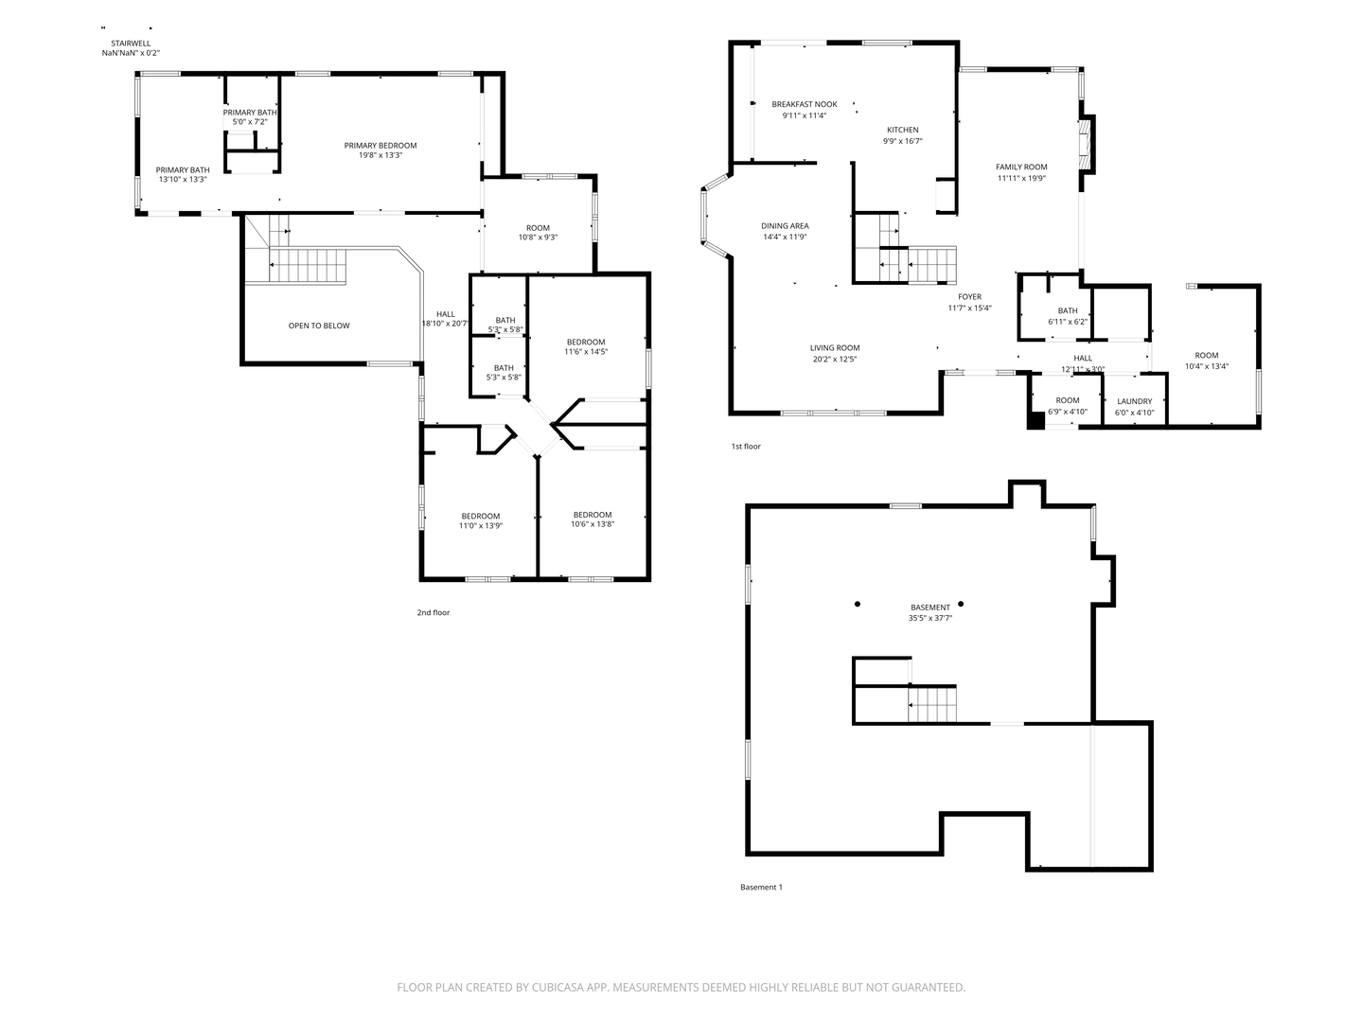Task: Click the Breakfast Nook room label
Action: point(805,104)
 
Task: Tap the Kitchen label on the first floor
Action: point(902,130)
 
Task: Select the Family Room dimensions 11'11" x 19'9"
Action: point(1021,178)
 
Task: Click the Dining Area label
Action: point(785,226)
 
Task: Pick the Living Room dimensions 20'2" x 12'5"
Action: point(835,360)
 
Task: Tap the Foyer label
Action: point(969,297)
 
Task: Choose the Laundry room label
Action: point(1135,401)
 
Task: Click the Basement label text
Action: point(930,608)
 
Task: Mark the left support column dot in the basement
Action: point(858,604)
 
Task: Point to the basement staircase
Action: point(931,704)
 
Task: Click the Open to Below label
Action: point(319,326)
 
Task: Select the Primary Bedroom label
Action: point(381,146)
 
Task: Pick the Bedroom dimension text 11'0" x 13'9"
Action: point(481,526)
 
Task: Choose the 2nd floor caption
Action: point(434,612)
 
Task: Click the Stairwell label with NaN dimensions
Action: point(131,48)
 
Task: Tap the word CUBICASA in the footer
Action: point(558,987)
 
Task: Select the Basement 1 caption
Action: point(761,888)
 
